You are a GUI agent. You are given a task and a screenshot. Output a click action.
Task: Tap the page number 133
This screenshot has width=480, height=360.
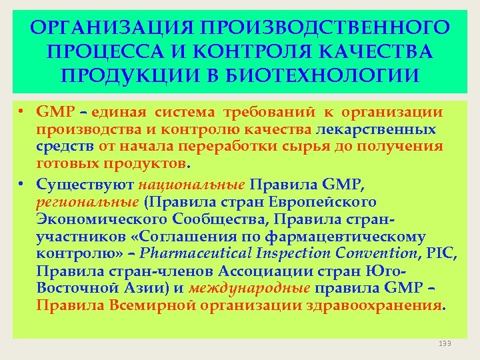[x=445, y=343]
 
